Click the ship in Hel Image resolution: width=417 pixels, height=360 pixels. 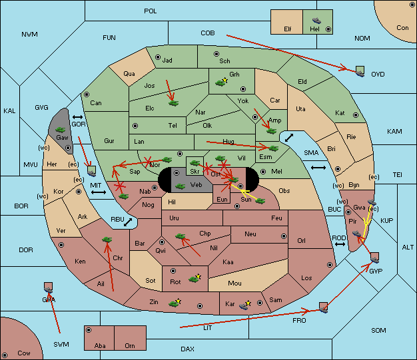[316, 21]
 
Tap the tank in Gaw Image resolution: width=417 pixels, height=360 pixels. [61, 130]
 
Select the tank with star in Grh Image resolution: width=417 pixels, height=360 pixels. [221, 83]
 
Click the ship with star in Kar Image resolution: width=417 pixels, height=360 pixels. [244, 305]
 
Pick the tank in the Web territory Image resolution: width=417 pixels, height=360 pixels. [180, 186]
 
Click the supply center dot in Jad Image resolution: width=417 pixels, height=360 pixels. [158, 57]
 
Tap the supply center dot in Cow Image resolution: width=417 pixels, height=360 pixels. [5, 355]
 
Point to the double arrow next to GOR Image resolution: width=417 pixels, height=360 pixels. [77, 117]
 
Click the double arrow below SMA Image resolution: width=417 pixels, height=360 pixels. [318, 168]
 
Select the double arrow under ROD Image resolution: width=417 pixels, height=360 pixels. [340, 244]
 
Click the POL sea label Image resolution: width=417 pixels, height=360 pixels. [151, 11]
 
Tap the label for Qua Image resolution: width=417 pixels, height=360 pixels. [129, 74]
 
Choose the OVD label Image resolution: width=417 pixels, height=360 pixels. [378, 75]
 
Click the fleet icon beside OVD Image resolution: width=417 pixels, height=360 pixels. [360, 72]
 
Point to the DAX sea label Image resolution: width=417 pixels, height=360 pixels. [187, 349]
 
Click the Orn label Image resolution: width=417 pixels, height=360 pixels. [130, 345]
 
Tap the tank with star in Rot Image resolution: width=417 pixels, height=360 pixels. [195, 278]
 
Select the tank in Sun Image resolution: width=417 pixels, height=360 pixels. [260, 201]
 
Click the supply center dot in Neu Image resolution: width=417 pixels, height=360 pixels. [284, 236]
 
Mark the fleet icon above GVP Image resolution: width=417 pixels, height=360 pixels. [374, 258]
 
